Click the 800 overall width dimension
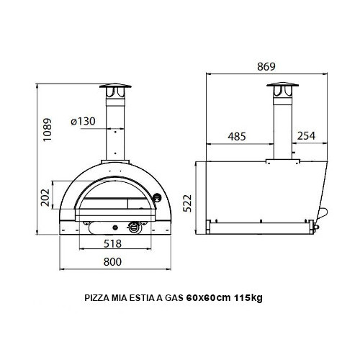pos(112,263)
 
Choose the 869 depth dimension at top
pos(266,67)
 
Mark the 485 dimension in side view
pos(239,136)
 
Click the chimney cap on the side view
pos(281,90)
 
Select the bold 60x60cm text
pos(209,298)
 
